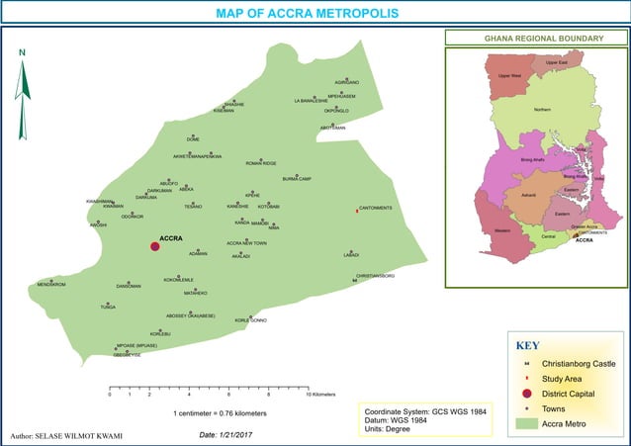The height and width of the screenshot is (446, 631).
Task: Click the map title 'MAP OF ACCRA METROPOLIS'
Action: [x=307, y=14]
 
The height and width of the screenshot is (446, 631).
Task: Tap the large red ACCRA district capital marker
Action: [x=154, y=245]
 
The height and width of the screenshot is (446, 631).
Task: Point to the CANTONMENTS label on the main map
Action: [x=376, y=208]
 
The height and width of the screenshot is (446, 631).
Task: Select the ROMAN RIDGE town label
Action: [x=261, y=163]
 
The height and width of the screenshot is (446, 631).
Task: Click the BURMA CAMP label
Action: [x=297, y=179]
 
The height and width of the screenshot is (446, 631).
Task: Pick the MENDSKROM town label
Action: [x=50, y=284]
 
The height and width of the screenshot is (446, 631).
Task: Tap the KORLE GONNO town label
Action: [x=250, y=320]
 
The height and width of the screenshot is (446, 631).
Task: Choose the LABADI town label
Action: [x=351, y=255]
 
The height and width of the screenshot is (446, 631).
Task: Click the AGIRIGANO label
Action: [x=347, y=81]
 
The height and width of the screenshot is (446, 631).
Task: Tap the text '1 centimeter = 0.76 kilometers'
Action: [x=220, y=412]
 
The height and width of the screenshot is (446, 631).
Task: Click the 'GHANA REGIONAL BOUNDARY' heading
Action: [x=543, y=39]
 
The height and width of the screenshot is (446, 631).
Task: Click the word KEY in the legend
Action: [x=527, y=346]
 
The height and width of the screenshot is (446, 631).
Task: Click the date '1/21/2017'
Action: [x=235, y=434]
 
